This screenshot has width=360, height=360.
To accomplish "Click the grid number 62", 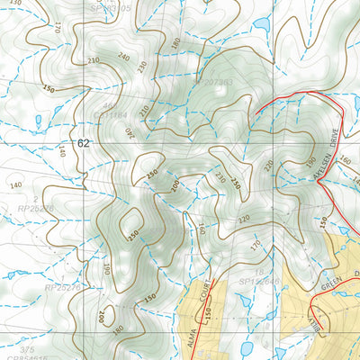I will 84,143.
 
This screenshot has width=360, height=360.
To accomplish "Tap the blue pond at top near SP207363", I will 261,23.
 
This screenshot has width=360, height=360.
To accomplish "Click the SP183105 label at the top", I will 112,6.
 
